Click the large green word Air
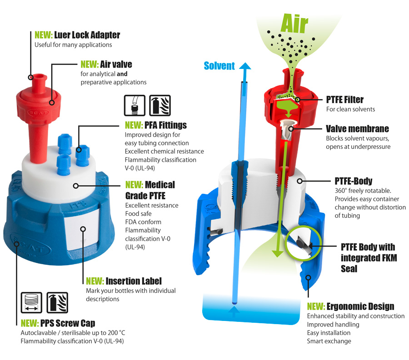tap(294, 24)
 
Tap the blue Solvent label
tap(219, 66)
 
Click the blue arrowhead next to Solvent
tap(244, 66)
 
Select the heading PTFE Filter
tap(344, 99)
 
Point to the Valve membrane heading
tap(357, 128)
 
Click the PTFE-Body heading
tap(354, 181)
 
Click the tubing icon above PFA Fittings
tap(135, 105)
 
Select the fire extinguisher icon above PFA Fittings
tap(160, 105)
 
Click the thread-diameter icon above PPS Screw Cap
tap(31, 303)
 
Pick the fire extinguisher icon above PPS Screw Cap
tap(57, 303)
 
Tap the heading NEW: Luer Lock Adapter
tap(77, 35)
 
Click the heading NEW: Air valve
tap(106, 64)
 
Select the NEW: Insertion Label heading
tap(124, 281)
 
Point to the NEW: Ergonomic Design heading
tap(350, 306)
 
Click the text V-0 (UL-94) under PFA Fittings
tap(140, 168)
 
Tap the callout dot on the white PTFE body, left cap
tap(75, 186)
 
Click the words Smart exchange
tap(329, 341)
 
